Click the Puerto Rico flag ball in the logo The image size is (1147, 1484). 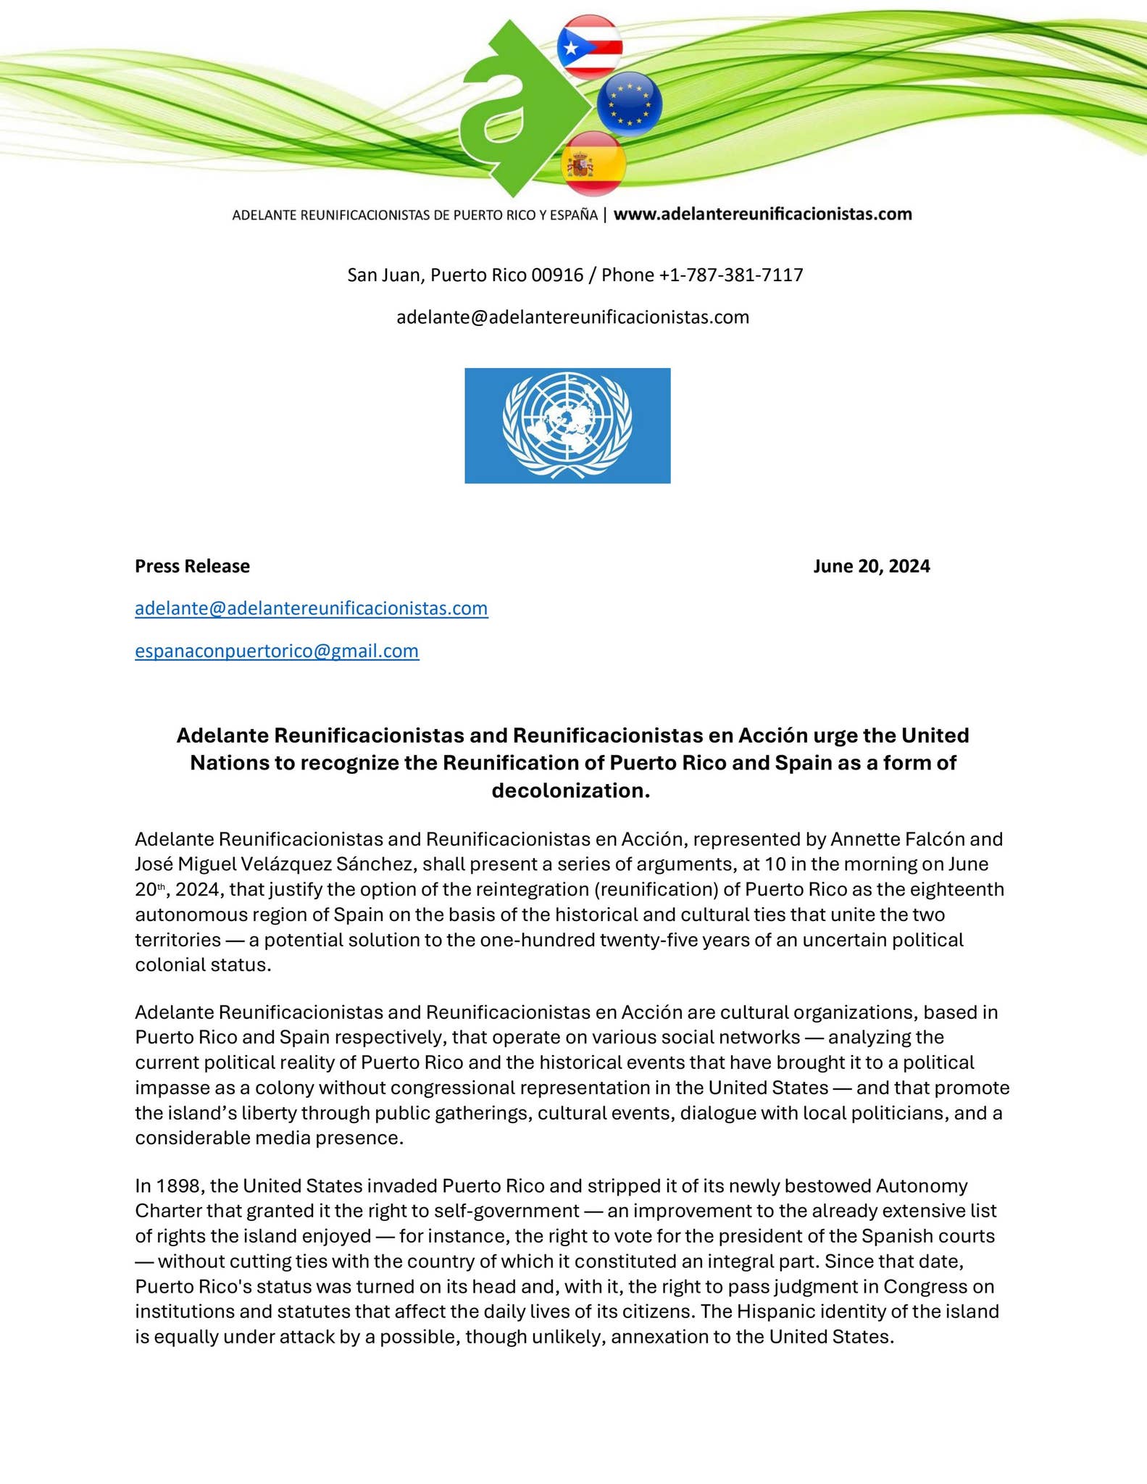pyautogui.click(x=589, y=47)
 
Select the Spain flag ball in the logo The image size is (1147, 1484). pyautogui.click(x=593, y=164)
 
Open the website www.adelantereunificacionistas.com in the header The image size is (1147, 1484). pyautogui.click(x=762, y=214)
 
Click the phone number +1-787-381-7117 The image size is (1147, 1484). pyautogui.click(x=730, y=275)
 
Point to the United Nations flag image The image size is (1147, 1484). pyautogui.click(x=567, y=425)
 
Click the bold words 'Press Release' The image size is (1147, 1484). pyautogui.click(x=192, y=566)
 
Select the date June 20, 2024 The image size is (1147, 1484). pyautogui.click(x=871, y=566)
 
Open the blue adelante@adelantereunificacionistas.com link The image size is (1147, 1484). pyautogui.click(x=312, y=608)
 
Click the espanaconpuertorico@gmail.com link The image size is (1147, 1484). pyautogui.click(x=277, y=651)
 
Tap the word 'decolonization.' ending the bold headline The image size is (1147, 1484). pyautogui.click(x=571, y=791)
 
